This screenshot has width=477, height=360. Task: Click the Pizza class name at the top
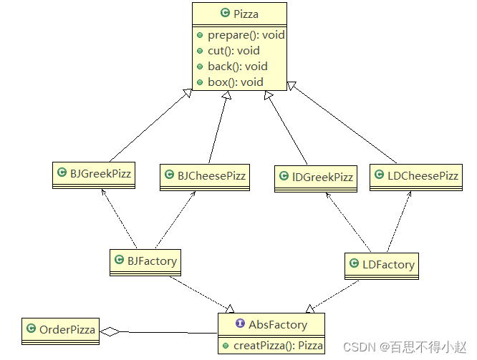[246, 13]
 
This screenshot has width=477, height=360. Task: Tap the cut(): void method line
[233, 51]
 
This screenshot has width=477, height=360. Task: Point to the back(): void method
[237, 67]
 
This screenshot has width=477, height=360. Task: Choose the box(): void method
[236, 82]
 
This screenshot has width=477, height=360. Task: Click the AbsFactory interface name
[277, 324]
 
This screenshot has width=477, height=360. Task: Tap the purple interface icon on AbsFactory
[240, 324]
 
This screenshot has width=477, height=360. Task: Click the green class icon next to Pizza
[225, 13]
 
